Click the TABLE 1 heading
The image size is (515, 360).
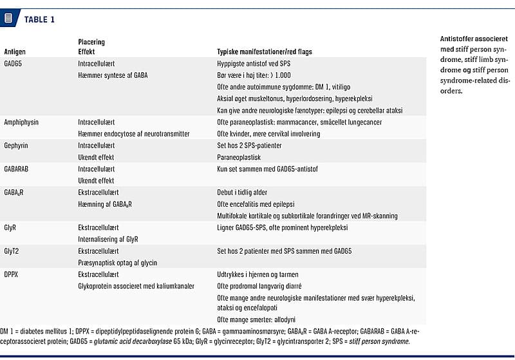[39, 19]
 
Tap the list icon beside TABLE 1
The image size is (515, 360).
[8, 18]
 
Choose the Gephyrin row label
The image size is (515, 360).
[17, 146]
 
